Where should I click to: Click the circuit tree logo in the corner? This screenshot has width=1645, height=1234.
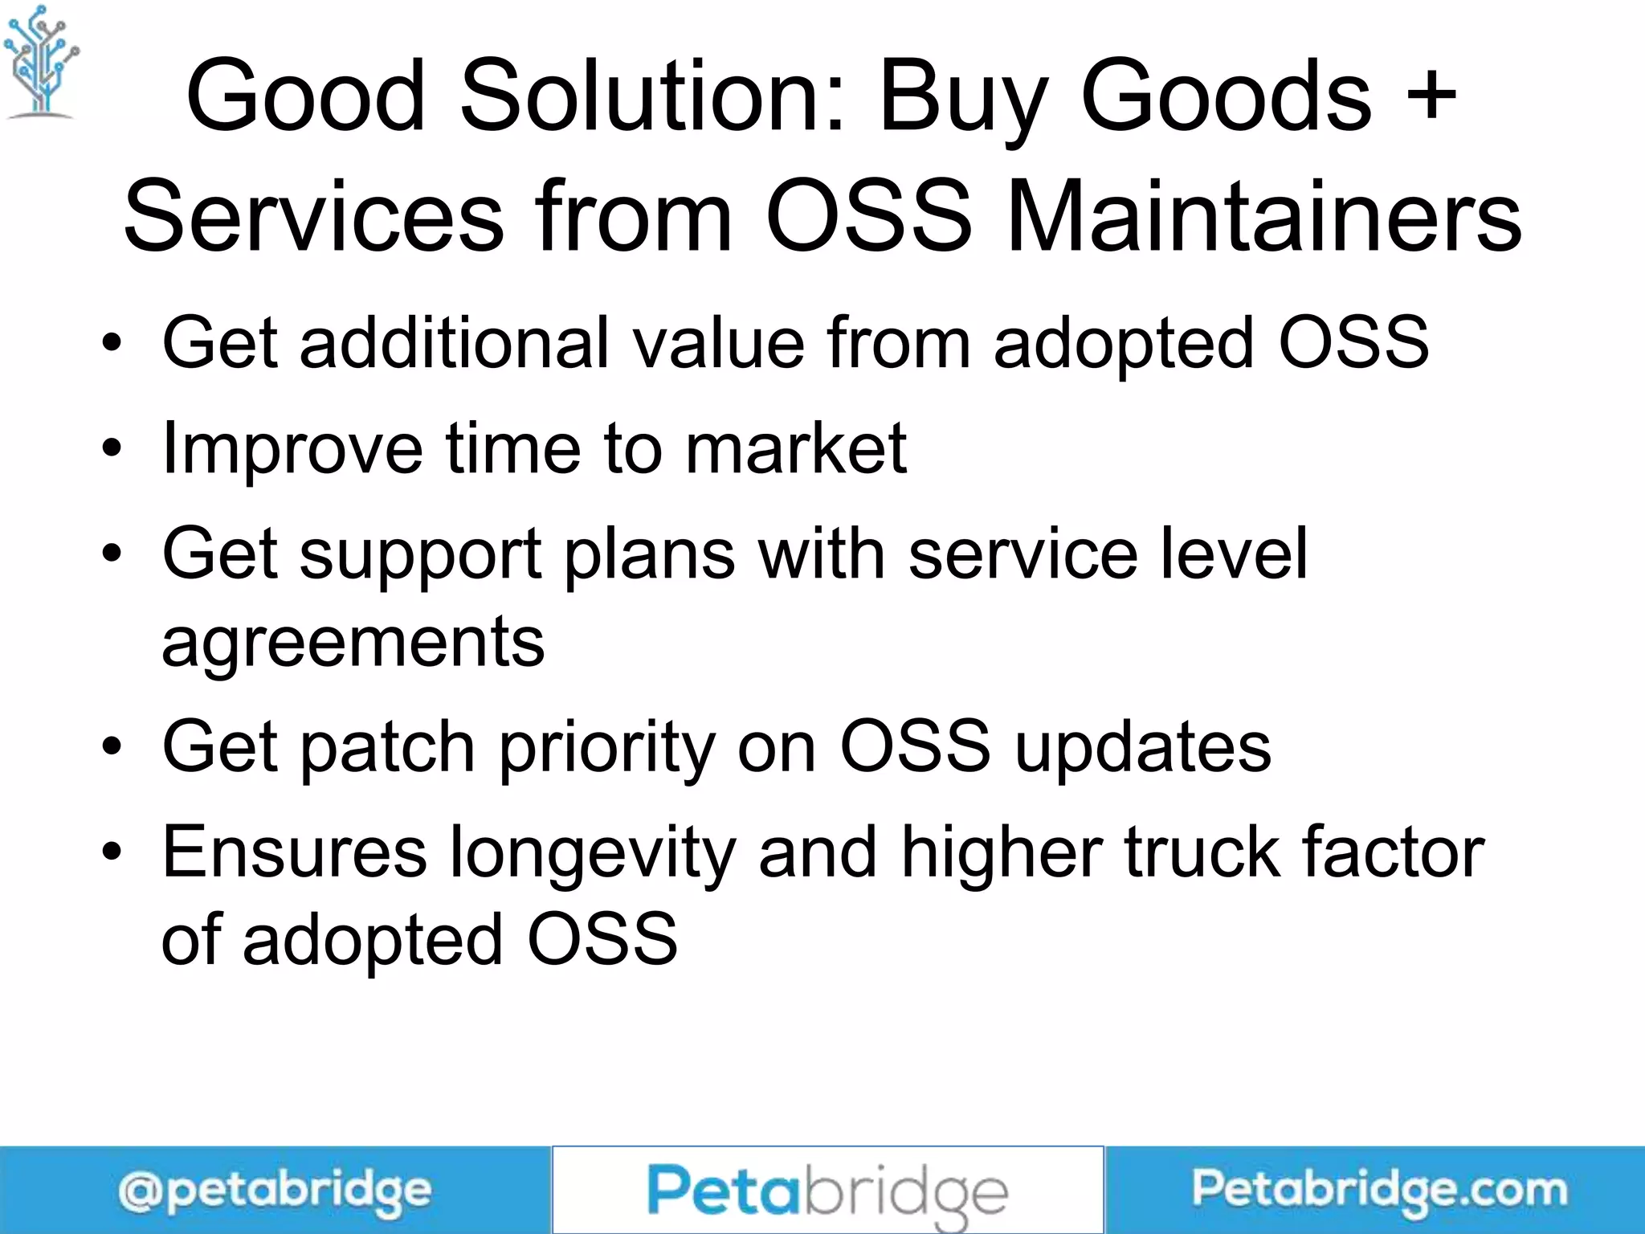40,63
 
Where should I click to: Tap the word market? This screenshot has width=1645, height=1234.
796,448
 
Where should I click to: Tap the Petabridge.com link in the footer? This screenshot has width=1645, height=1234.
1379,1190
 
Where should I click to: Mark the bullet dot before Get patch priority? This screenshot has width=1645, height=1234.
112,747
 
